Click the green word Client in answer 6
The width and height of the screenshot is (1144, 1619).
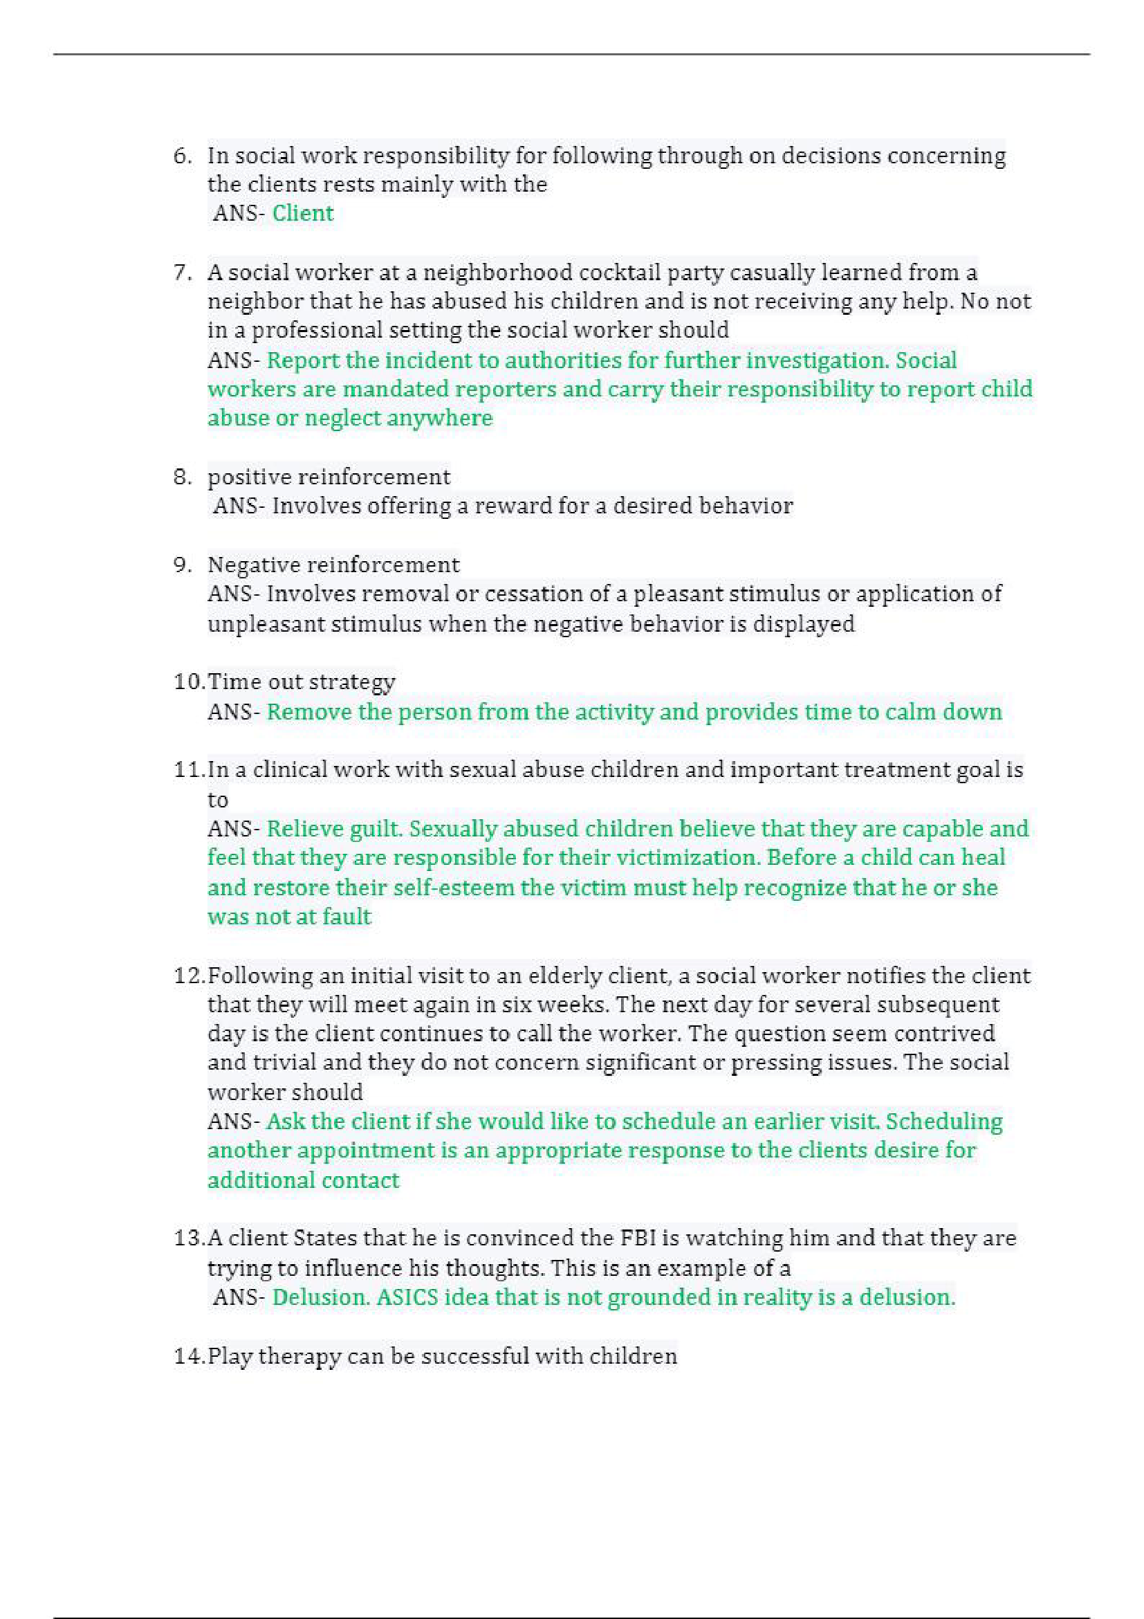click(x=302, y=213)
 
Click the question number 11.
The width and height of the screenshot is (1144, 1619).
click(x=189, y=769)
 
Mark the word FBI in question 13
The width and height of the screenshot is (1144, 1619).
click(x=638, y=1238)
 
